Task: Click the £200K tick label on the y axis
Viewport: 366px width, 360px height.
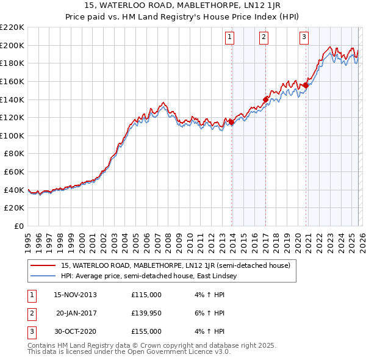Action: [x=12, y=45]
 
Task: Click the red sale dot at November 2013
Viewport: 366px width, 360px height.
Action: [x=231, y=122]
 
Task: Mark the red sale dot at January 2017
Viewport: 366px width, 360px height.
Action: [x=265, y=99]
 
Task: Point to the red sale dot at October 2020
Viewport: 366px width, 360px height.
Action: [x=306, y=85]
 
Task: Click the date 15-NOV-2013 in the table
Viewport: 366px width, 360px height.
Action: [x=75, y=295]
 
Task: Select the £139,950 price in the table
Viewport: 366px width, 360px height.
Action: [x=146, y=313]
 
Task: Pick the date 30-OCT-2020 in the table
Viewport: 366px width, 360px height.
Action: [x=75, y=331]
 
